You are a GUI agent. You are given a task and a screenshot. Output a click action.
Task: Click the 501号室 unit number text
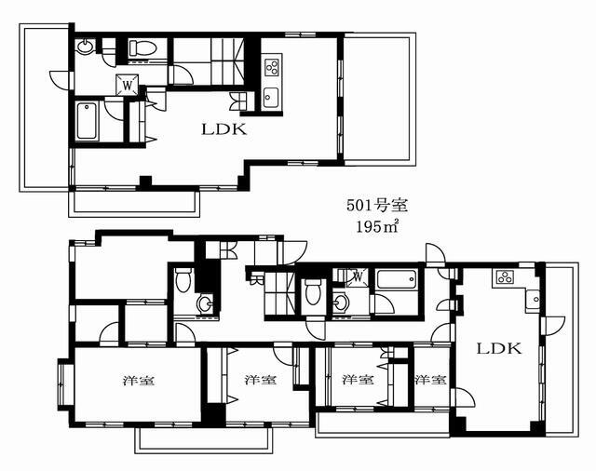[x=376, y=206]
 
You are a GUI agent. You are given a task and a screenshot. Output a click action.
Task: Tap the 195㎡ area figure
[x=376, y=227]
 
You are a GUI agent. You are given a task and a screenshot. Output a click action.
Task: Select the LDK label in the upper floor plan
[x=224, y=129]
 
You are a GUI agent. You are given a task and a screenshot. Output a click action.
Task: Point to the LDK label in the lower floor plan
[x=499, y=348]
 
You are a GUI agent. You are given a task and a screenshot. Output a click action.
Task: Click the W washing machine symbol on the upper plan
[x=128, y=84]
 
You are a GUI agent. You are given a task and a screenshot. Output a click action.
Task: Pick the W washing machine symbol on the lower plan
[x=358, y=276]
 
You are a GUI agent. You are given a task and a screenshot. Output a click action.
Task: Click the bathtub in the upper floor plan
[x=87, y=120]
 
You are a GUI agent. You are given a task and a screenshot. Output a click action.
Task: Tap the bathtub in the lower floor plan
[x=396, y=279]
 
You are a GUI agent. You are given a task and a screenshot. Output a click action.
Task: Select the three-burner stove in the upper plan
[x=271, y=66]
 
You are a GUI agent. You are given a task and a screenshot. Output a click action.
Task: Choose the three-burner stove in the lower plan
[x=505, y=276]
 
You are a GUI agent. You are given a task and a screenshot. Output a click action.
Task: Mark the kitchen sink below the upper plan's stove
[x=271, y=98]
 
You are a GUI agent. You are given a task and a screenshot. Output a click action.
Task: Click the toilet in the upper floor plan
[x=142, y=48]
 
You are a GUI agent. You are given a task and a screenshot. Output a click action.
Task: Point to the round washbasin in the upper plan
[x=85, y=47]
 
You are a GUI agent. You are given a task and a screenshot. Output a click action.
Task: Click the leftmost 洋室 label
[x=138, y=380]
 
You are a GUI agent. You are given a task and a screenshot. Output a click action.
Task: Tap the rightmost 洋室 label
[x=430, y=379]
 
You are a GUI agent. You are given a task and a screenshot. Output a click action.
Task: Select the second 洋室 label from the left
[x=261, y=380]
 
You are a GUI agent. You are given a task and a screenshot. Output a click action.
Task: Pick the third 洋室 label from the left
[x=358, y=379]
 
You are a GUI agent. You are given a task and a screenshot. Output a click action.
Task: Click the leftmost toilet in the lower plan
[x=183, y=279]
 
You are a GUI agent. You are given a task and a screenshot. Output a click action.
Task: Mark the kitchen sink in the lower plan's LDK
[x=534, y=300]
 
